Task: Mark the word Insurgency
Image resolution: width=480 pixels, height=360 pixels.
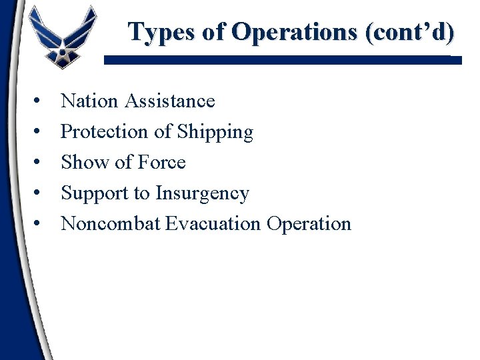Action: (x=202, y=193)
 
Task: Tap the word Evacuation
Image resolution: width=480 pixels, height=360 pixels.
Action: (x=213, y=223)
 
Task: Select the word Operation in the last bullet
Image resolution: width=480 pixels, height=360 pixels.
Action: (x=309, y=223)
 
